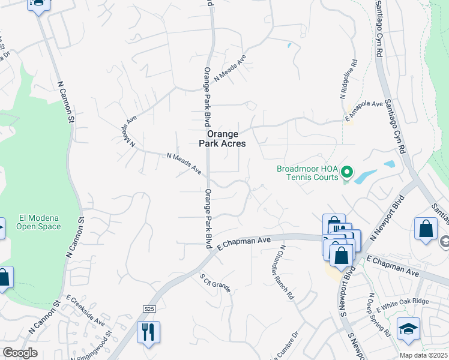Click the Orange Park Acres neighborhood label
click(223, 139)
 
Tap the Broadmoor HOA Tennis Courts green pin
click(346, 173)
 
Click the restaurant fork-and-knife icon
click(148, 332)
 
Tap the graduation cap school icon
click(408, 328)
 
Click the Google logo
click(20, 353)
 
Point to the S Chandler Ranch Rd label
click(286, 272)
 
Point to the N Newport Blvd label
click(384, 218)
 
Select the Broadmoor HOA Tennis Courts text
click(308, 173)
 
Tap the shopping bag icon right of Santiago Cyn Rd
click(426, 229)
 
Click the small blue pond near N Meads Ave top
click(289, 45)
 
